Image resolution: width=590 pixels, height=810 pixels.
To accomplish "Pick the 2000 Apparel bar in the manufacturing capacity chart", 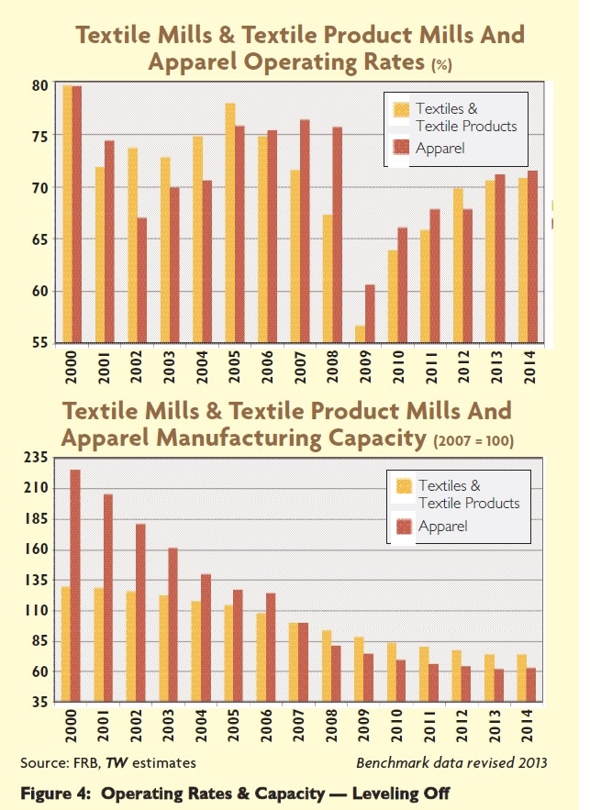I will (x=76, y=588).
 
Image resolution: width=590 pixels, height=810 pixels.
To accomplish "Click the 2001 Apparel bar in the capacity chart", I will (x=108, y=600).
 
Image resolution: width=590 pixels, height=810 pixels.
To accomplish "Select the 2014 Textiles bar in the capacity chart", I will (x=523, y=680).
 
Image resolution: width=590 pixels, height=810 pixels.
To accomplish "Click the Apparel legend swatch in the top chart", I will (x=400, y=147).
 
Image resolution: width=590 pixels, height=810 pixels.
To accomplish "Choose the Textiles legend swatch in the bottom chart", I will (x=403, y=486).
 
